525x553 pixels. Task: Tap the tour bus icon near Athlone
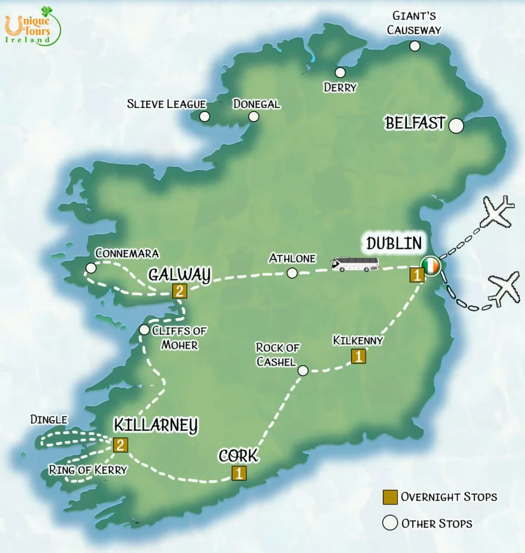355,264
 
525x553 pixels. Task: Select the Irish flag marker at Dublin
431,266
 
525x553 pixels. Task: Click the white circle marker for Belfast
456,126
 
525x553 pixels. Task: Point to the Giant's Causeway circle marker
414,46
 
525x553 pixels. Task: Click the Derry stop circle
340,72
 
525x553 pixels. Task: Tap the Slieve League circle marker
204,117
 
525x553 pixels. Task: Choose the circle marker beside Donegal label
254,117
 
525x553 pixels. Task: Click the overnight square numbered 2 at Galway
179,292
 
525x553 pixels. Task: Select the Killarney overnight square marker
120,445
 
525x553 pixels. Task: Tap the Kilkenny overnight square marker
358,356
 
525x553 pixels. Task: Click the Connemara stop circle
91,268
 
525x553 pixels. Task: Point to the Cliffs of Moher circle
144,329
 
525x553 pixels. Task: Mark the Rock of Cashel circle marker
303,370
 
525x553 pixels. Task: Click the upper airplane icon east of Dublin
497,212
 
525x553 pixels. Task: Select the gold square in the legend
390,497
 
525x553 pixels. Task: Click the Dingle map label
49,420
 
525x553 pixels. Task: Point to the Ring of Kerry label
87,470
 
